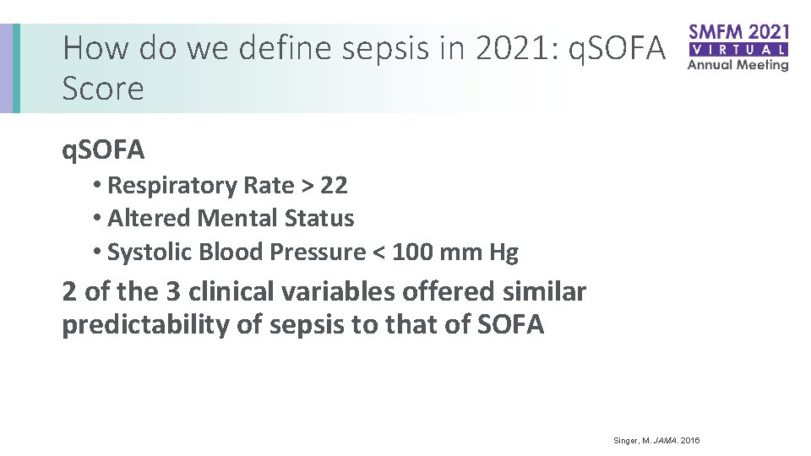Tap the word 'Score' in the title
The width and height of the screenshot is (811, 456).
103,88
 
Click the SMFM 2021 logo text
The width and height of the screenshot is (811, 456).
738,32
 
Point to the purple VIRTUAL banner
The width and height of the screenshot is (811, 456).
738,49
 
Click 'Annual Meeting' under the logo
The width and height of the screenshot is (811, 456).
738,64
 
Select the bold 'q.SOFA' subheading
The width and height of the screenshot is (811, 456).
103,150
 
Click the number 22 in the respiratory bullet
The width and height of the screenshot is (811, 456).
334,185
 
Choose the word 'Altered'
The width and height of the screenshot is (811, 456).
150,218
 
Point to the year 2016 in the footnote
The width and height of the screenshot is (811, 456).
689,441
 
